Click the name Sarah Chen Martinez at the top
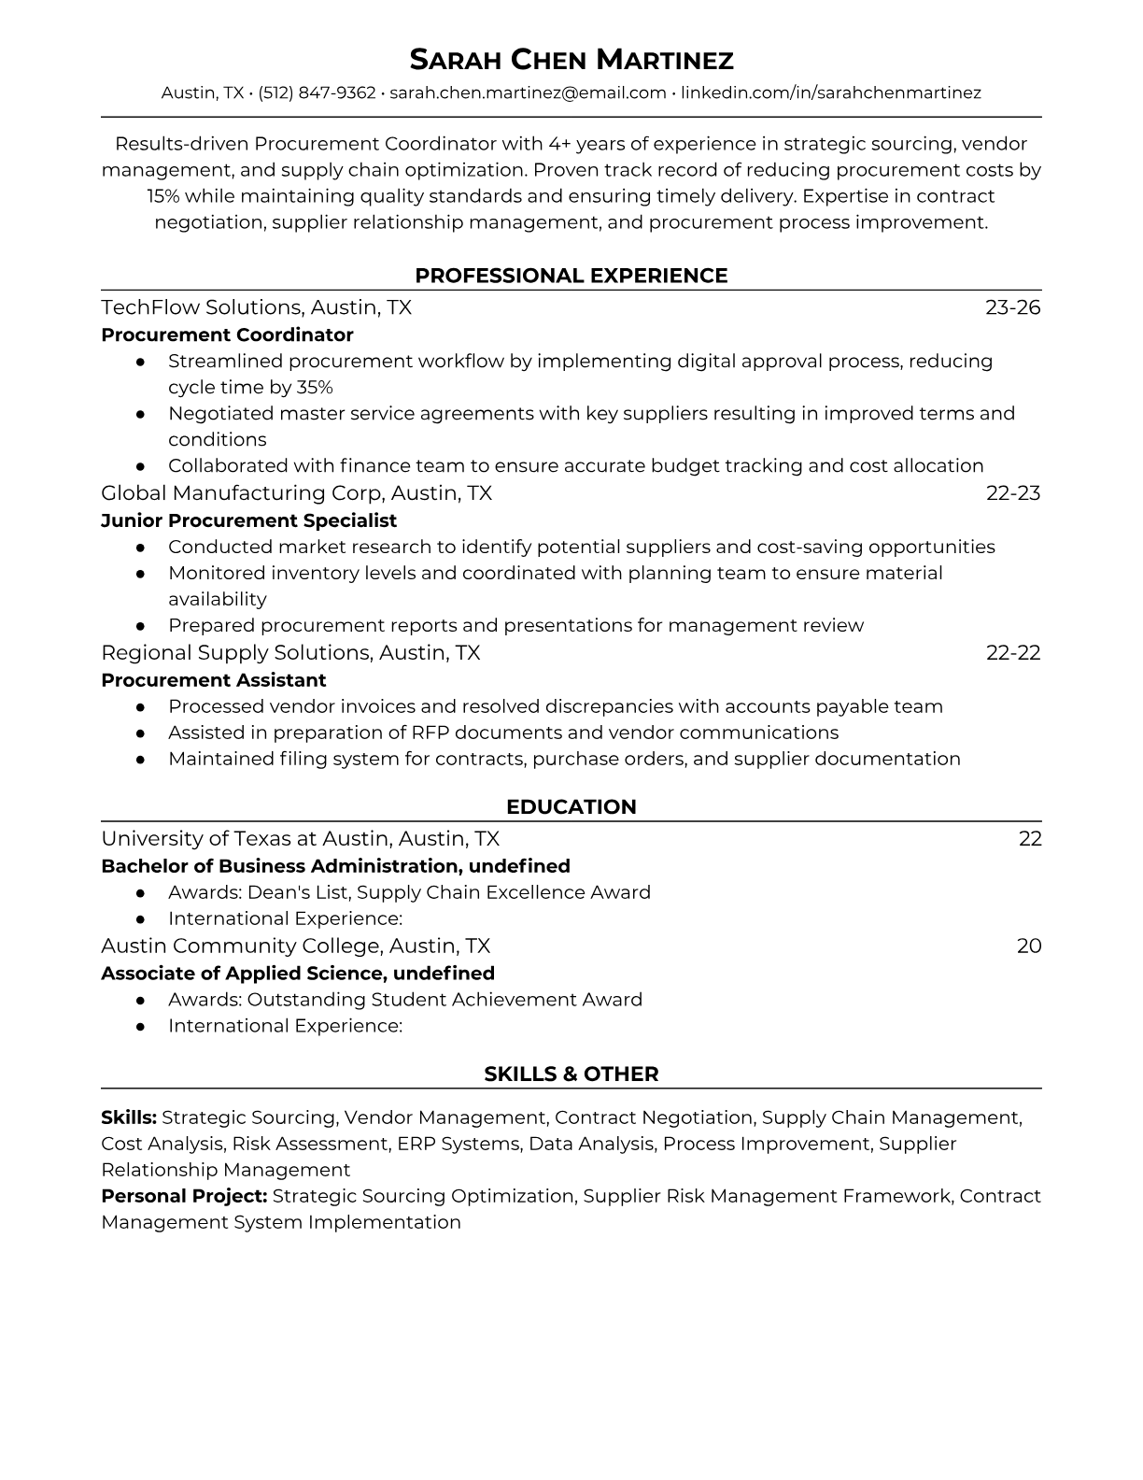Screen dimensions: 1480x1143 [x=571, y=60]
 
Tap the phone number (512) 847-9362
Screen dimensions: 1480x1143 [x=317, y=92]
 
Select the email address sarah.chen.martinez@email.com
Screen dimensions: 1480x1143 [x=528, y=92]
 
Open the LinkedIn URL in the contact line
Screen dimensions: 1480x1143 [x=830, y=92]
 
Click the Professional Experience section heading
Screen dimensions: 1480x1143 [x=571, y=276]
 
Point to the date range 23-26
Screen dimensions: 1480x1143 [x=1012, y=307]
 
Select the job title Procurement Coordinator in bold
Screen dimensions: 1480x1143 [x=227, y=334]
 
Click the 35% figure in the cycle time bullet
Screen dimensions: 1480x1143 [x=314, y=387]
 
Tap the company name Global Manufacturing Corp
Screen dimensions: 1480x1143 [x=243, y=492]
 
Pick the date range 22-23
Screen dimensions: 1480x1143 [x=1012, y=492]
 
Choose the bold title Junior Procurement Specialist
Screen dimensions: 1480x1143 [x=248, y=520]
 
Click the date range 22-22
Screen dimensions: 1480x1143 [x=1012, y=652]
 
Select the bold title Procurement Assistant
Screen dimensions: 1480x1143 [x=214, y=680]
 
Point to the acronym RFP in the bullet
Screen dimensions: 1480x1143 [x=430, y=733]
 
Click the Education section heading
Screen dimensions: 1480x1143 [x=571, y=807]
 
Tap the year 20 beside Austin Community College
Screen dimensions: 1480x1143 [x=1028, y=946]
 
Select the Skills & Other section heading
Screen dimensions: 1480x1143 [x=571, y=1074]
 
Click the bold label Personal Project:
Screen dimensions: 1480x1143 [x=184, y=1196]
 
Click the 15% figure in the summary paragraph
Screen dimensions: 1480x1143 [x=163, y=196]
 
